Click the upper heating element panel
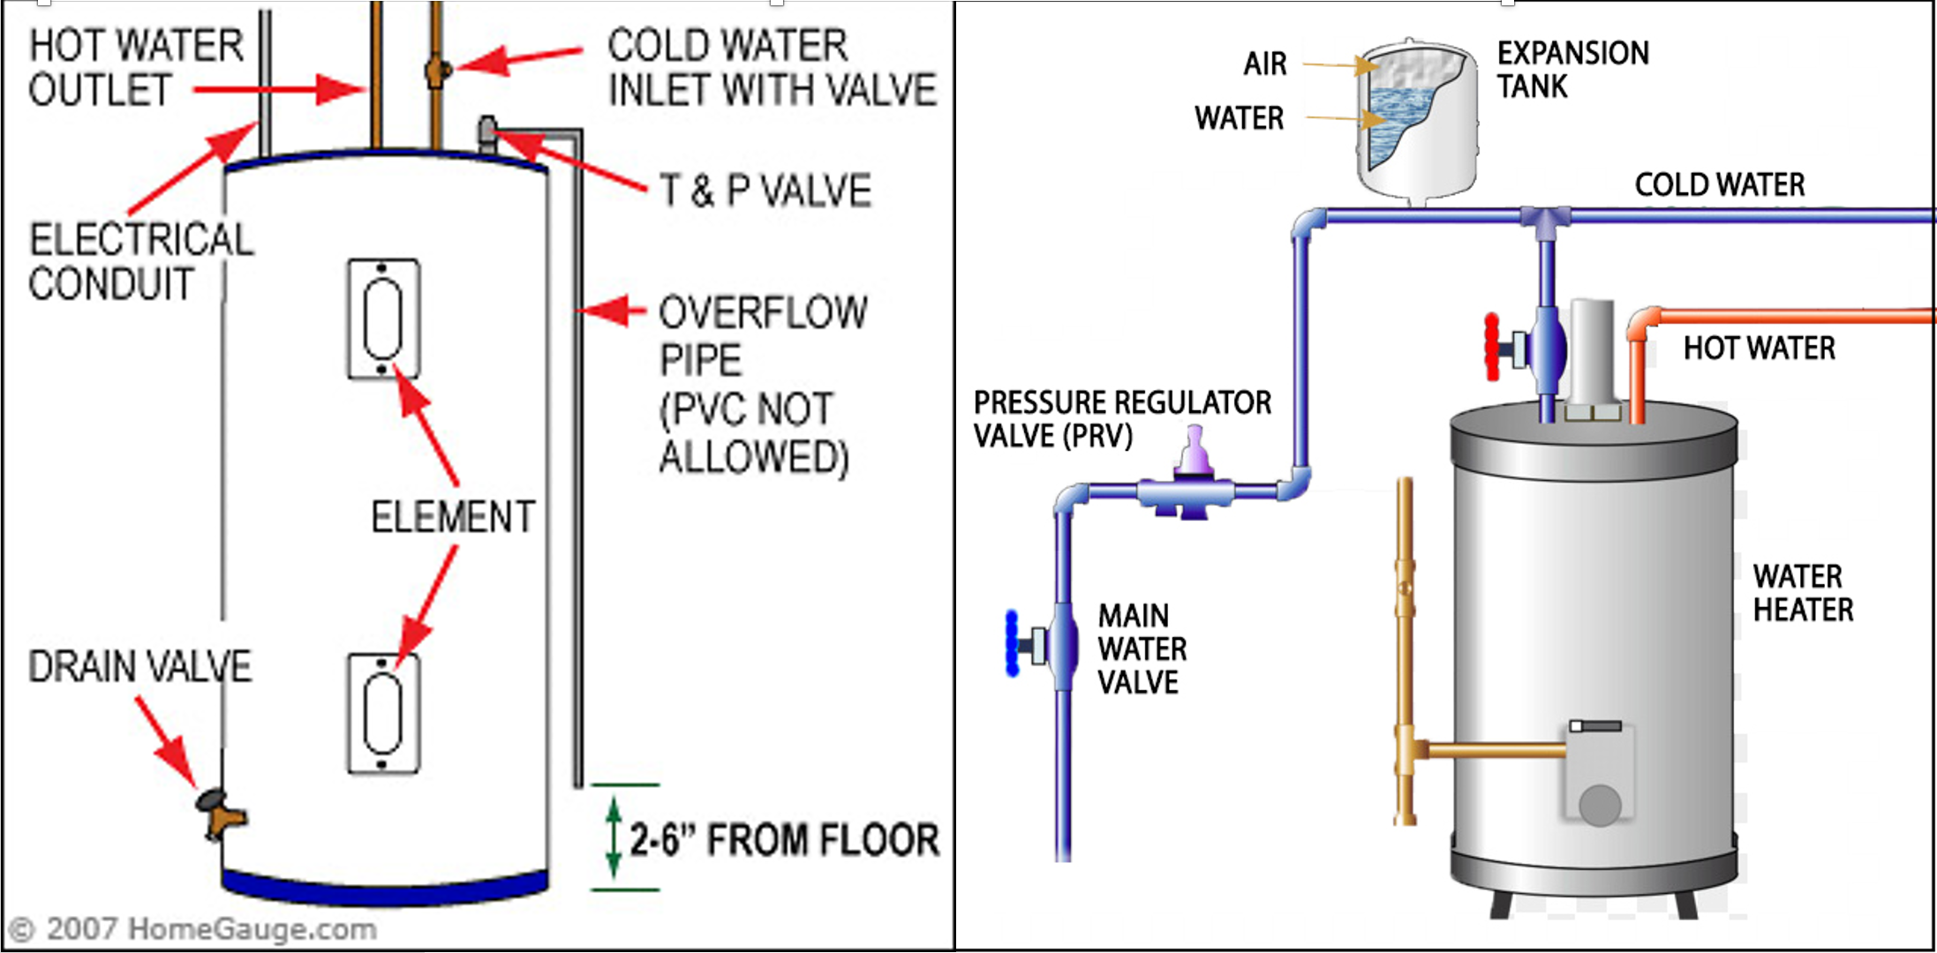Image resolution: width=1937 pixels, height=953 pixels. pyautogui.click(x=383, y=319)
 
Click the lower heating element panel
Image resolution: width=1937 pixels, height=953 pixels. pyautogui.click(x=383, y=713)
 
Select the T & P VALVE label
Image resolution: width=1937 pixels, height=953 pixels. pyautogui.click(x=765, y=191)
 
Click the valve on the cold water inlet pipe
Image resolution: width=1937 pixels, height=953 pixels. pyautogui.click(x=436, y=71)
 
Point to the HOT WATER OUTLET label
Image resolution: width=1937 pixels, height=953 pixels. pyautogui.click(x=135, y=68)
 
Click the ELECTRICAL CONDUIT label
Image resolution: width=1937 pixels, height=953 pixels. pyautogui.click(x=139, y=262)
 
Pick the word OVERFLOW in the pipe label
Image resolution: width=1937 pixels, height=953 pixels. pyautogui.click(x=763, y=312)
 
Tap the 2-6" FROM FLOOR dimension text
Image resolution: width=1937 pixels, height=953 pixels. pyautogui.click(x=784, y=839)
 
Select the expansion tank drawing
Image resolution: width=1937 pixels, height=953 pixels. pyautogui.click(x=1416, y=119)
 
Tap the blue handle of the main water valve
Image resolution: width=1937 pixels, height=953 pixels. pyautogui.click(x=1013, y=643)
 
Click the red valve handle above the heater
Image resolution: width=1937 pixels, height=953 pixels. pyautogui.click(x=1492, y=347)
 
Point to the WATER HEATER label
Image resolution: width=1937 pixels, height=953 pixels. pyautogui.click(x=1803, y=593)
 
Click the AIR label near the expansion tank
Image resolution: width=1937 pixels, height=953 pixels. pyautogui.click(x=1264, y=64)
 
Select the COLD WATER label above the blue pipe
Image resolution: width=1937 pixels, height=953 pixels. pyautogui.click(x=1719, y=184)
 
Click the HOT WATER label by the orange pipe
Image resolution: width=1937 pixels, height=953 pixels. pyautogui.click(x=1759, y=349)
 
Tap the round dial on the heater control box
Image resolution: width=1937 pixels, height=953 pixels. pyautogui.click(x=1599, y=805)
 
